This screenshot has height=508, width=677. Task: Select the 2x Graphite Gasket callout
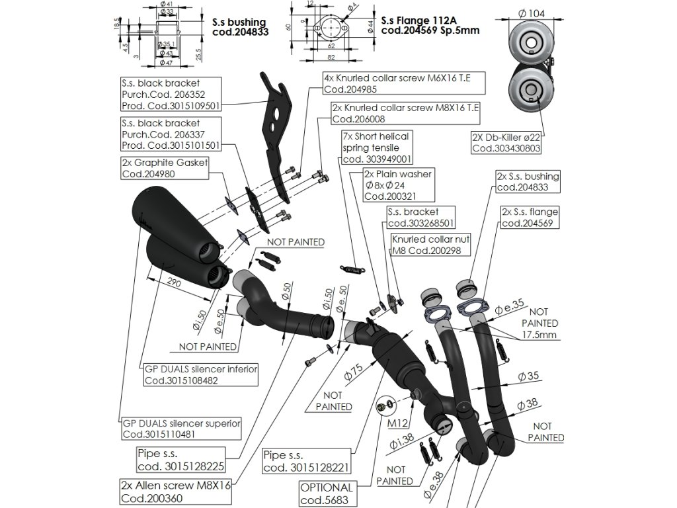[165, 168]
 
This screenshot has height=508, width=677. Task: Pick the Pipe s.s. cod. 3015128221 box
[305, 462]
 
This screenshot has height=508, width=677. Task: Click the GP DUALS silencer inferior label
[201, 374]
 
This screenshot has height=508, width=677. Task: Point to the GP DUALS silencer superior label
[182, 429]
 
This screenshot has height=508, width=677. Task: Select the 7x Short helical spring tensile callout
[377, 147]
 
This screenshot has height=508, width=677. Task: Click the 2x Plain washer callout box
[398, 185]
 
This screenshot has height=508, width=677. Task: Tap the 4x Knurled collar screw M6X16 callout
[403, 83]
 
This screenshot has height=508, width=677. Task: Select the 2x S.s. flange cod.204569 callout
[530, 218]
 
